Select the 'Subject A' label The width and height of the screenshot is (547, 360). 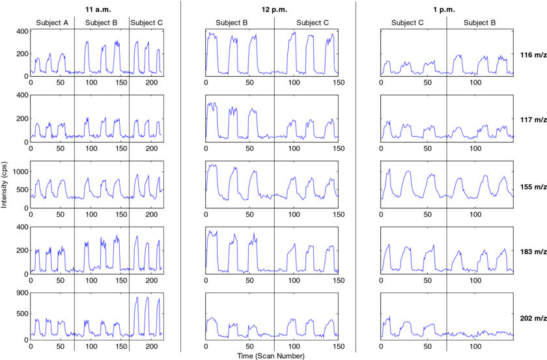52,23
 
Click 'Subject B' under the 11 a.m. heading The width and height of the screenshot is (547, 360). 101,23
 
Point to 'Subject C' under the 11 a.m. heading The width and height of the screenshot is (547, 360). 147,23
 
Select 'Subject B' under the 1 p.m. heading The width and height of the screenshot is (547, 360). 481,23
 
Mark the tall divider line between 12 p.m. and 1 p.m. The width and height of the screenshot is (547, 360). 356,176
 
